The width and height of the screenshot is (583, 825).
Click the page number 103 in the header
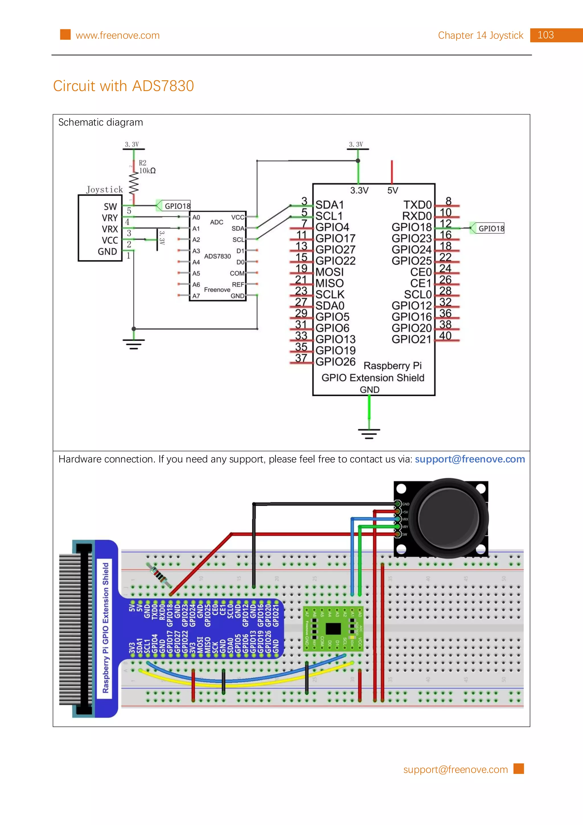coord(545,35)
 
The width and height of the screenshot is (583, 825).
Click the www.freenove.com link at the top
coord(118,36)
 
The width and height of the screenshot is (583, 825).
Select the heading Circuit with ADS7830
coord(124,86)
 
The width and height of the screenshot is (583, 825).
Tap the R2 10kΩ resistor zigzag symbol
coord(134,183)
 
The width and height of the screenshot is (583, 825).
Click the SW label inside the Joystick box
coord(110,207)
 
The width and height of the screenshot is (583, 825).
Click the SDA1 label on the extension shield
coord(329,205)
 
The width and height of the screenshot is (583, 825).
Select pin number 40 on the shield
coord(446,336)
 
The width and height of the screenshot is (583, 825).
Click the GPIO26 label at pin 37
coord(335,362)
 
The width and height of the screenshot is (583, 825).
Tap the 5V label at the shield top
coord(392,190)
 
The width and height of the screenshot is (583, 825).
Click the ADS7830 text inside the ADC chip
coord(217,256)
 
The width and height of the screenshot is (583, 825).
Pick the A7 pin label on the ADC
coord(196,296)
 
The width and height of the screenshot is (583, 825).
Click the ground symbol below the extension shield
coord(369,433)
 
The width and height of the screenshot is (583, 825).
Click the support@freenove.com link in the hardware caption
coord(469,459)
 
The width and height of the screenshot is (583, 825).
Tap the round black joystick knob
coord(448,518)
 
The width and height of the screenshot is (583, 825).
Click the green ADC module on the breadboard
coord(333,629)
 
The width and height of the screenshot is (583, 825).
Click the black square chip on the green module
coord(333,629)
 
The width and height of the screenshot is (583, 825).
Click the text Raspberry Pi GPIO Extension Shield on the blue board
coord(105,628)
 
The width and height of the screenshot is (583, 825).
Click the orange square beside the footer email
coord(518,769)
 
